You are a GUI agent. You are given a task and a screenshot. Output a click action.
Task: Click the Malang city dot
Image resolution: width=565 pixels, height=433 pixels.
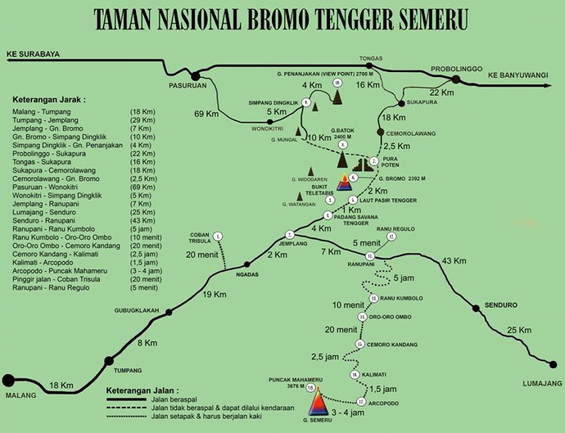coord(9,380)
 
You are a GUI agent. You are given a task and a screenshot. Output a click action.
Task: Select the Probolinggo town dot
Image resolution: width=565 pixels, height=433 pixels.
coord(455,79)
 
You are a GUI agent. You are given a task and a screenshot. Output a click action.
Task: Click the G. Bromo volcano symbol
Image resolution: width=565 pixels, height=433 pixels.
coord(344,182)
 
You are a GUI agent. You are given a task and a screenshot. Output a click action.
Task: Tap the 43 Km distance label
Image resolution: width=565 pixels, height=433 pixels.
coord(455,260)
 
